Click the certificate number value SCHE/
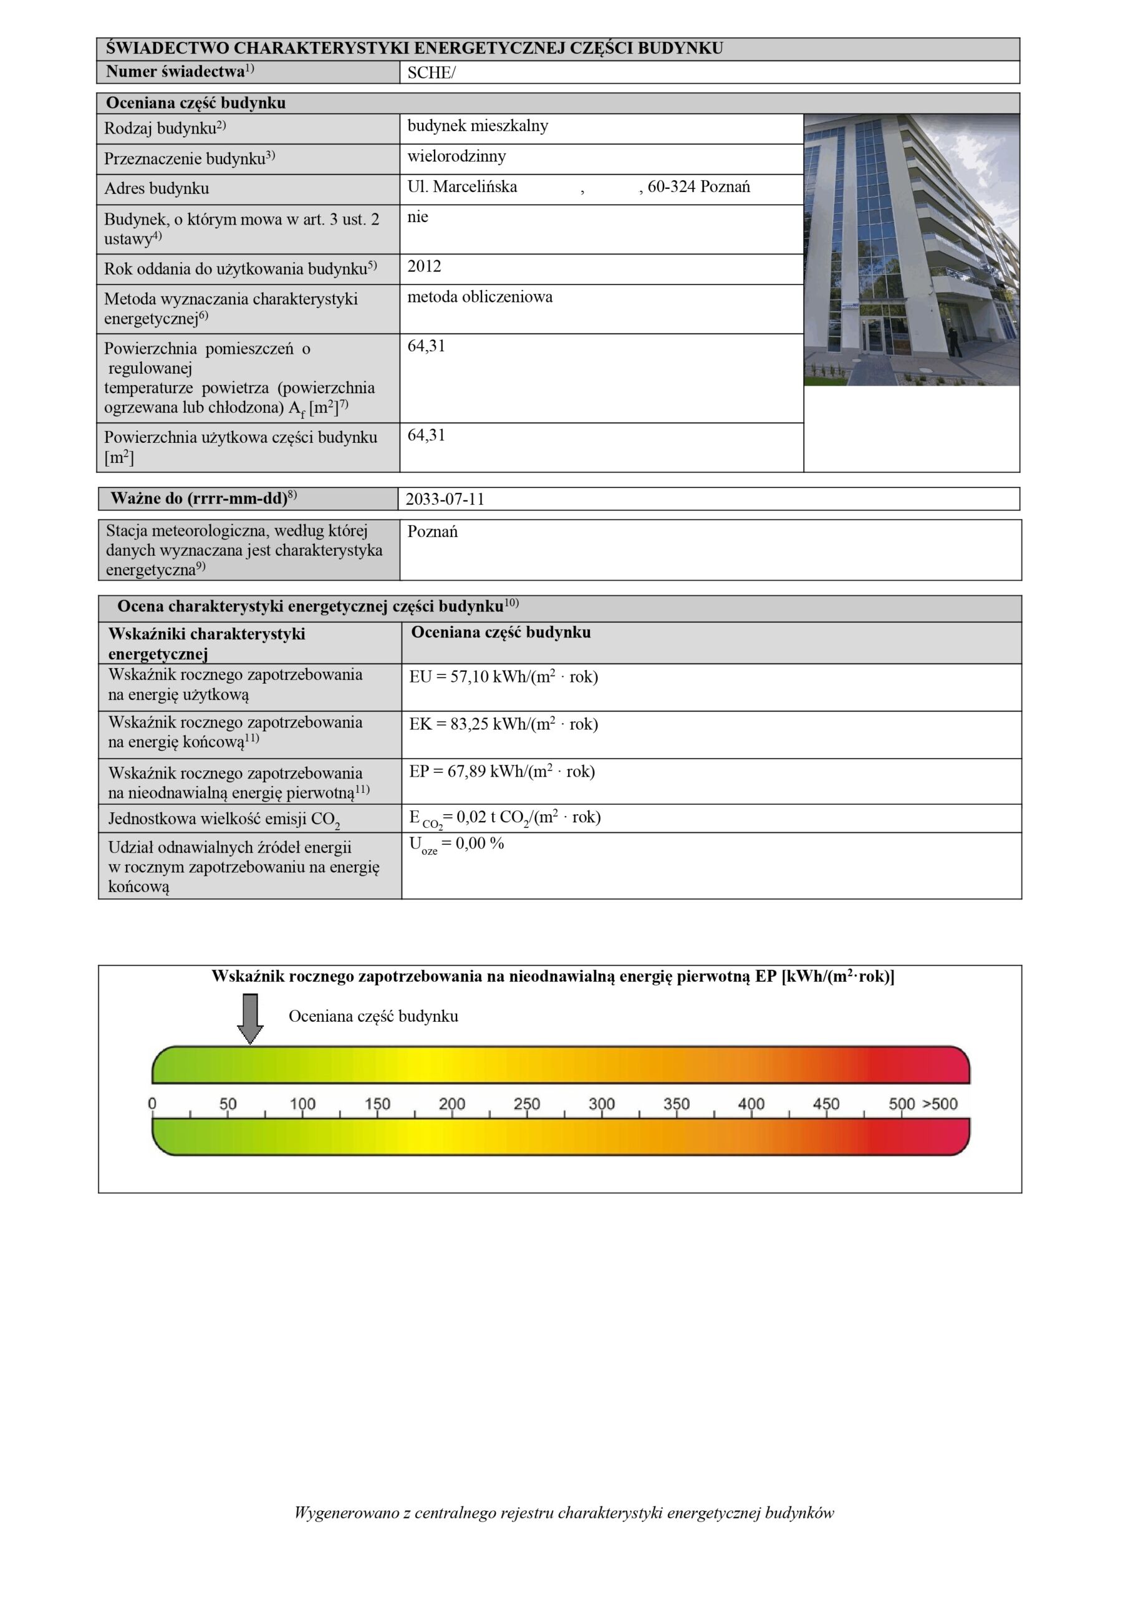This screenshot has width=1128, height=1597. (x=431, y=73)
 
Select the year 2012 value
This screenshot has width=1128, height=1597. (x=424, y=266)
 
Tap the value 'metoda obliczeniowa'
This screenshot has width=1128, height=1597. (x=480, y=297)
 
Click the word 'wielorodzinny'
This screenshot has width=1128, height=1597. (x=456, y=157)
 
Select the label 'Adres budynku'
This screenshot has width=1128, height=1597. (x=157, y=188)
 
